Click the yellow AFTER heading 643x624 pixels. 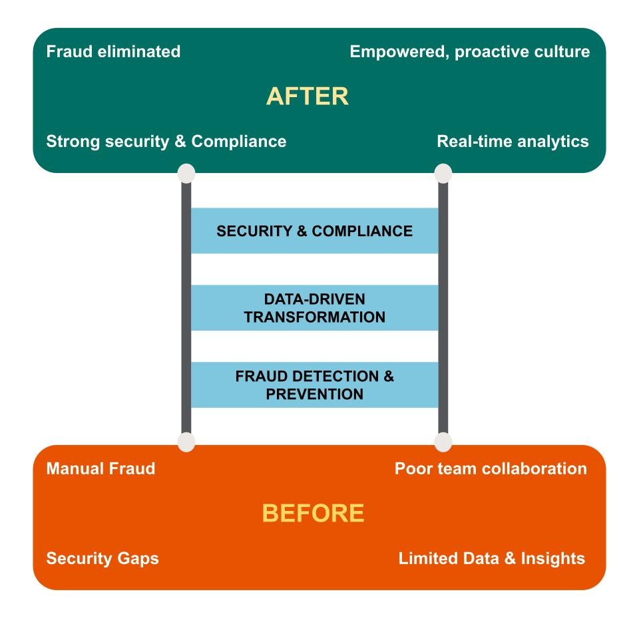pos(307,96)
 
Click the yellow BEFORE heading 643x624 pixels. pos(313,513)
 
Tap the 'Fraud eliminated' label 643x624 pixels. pos(113,51)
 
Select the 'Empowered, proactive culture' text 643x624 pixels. pos(469,51)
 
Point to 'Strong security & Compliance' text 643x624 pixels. pos(166,141)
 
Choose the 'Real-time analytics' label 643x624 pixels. pos(513,141)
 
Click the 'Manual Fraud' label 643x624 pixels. pos(101,468)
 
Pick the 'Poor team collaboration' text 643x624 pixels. pos(491,468)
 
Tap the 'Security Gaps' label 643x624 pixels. pos(103,557)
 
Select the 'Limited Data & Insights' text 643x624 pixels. pos(491,557)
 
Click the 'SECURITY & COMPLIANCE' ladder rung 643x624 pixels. pos(314,231)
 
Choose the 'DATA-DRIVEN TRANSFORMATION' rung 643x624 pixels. pos(314,308)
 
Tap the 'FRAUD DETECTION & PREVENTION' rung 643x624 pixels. pos(314,385)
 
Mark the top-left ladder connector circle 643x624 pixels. pos(186,174)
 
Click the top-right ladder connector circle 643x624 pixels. pos(443,174)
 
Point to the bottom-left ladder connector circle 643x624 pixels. pos(186,442)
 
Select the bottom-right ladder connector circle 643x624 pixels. pos(443,442)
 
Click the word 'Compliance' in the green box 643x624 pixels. pos(238,141)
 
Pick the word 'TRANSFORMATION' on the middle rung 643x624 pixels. pos(314,317)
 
